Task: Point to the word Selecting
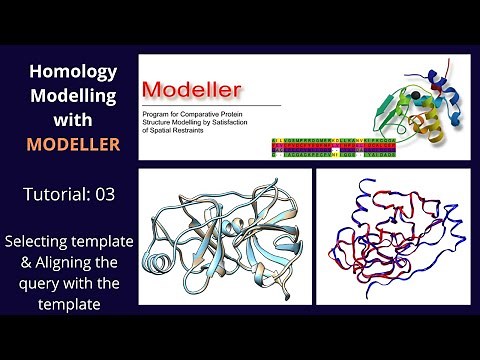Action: click(42, 241)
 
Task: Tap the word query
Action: click(38, 283)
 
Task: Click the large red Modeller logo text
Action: click(195, 91)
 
